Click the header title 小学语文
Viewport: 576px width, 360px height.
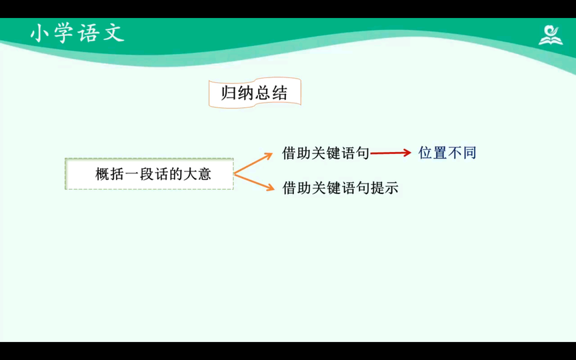click(x=77, y=33)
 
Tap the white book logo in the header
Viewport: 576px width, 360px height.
click(x=550, y=35)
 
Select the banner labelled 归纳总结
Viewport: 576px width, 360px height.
click(x=255, y=93)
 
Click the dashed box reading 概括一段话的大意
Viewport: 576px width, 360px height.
click(x=149, y=174)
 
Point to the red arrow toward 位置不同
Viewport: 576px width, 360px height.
click(x=391, y=153)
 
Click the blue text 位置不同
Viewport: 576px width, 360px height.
click(x=447, y=153)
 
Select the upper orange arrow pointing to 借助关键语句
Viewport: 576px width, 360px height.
click(x=253, y=163)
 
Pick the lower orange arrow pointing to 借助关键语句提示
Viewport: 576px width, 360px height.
click(x=254, y=182)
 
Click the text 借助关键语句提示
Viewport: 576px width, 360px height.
click(x=340, y=188)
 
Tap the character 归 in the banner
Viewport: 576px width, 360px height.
click(x=228, y=93)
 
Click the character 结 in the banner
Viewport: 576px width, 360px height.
click(x=280, y=93)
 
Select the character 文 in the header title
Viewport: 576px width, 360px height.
click(x=115, y=33)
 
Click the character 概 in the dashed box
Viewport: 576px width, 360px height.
click(x=103, y=174)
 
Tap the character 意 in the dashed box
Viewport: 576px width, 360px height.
click(x=204, y=174)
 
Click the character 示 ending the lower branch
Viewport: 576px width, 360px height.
click(x=391, y=188)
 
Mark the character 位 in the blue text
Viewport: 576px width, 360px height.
click(x=425, y=153)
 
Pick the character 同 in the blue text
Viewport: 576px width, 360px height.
click(x=469, y=153)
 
